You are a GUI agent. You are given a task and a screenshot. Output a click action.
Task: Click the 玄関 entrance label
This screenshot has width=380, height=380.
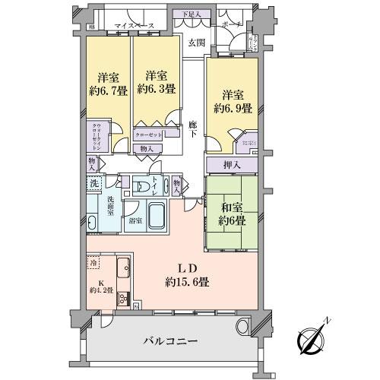tap(196, 42)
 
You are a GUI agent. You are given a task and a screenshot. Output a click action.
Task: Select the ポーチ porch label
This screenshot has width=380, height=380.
tap(230, 25)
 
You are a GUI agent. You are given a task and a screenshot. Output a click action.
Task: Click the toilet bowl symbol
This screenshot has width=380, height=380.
tap(142, 186)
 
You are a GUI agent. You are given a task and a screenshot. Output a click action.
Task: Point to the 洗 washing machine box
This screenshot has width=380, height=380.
tap(94, 184)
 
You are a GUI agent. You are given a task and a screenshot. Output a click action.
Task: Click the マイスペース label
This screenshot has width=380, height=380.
tap(136, 26)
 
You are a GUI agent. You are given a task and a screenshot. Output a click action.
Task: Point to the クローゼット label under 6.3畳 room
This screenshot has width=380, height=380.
tap(147, 134)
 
